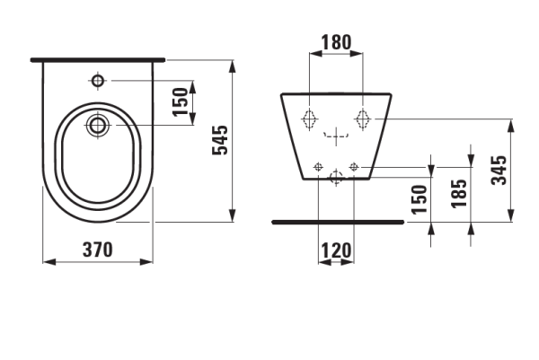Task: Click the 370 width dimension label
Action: pos(98,250)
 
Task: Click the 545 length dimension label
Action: pos(220,140)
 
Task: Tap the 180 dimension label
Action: pos(336,42)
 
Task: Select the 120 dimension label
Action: pos(336,250)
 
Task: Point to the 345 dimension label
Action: pos(499,171)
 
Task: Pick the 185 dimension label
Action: pos(459,193)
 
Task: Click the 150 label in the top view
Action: pos(181,102)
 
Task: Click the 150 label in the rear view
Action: pos(420,199)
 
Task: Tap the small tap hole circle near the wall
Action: pos(98,81)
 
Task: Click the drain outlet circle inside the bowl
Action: pos(98,125)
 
